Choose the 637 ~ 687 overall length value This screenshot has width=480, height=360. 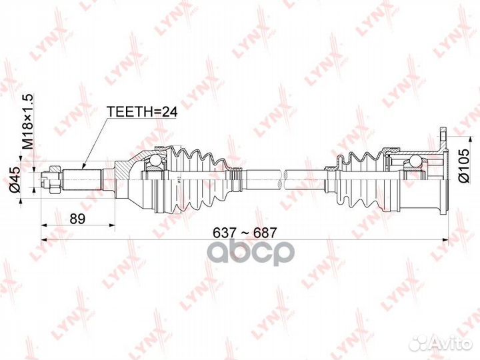click(244, 232)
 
